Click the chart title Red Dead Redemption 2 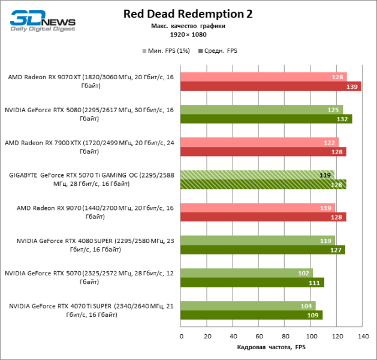(188, 14)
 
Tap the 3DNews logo (42, 19)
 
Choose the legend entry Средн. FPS (219, 51)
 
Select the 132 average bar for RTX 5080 (266, 119)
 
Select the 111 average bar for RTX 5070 (252, 282)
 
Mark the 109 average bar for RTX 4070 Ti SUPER (251, 314)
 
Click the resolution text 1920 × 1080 (188, 35)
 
